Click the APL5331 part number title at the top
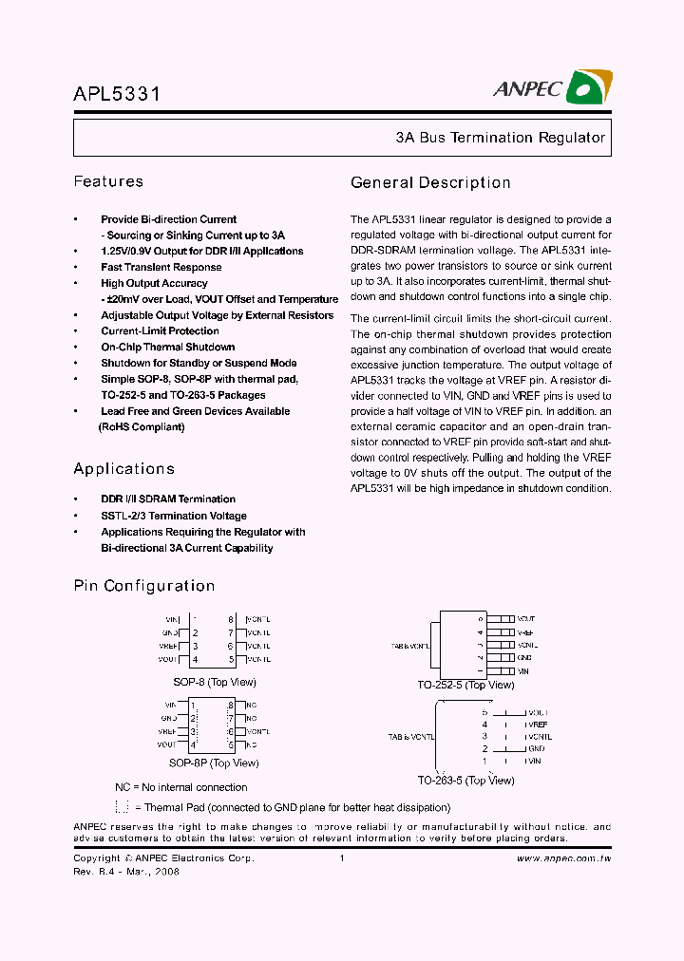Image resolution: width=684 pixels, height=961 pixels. click(117, 94)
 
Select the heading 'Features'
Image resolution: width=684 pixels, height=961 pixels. click(108, 181)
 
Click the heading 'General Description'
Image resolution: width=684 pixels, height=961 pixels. click(430, 183)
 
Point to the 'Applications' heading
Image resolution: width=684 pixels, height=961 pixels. click(124, 469)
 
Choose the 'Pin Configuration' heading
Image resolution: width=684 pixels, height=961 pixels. click(144, 586)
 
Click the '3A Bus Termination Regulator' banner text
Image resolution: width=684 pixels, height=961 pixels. click(500, 138)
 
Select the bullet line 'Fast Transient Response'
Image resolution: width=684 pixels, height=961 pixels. click(161, 267)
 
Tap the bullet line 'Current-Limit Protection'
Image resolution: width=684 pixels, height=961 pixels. click(160, 331)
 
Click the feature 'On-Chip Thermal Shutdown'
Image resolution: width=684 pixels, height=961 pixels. click(167, 348)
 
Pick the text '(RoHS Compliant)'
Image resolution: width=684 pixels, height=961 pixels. click(142, 427)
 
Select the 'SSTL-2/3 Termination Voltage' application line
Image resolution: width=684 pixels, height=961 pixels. click(173, 516)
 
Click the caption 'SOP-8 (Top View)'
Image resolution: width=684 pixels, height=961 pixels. click(214, 682)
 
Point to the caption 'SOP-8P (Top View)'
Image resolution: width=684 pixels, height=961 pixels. click(214, 763)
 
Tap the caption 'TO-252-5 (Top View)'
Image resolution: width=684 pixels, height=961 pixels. click(465, 685)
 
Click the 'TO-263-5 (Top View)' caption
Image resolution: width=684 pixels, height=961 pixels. click(465, 781)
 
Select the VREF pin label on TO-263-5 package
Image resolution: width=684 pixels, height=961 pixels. click(538, 725)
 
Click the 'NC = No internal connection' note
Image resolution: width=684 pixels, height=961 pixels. click(180, 787)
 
